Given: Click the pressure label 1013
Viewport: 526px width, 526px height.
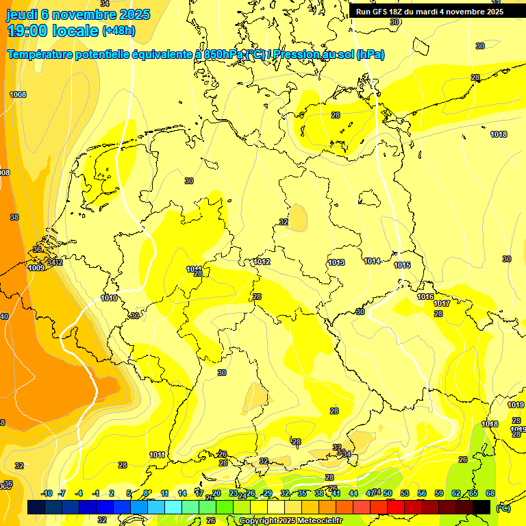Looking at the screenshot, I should (x=336, y=262).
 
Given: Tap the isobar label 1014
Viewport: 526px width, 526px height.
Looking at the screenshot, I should (x=373, y=261).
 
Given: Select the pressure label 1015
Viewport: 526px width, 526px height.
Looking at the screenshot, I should (x=402, y=265).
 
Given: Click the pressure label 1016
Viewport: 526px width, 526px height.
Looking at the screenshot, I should (x=425, y=297).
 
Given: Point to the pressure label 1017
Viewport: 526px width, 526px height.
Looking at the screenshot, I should (x=442, y=303).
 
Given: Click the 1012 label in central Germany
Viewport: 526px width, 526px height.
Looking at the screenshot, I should (x=262, y=262).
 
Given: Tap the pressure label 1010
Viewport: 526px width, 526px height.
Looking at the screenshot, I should (x=109, y=298).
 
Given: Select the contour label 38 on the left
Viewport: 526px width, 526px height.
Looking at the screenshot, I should (x=14, y=216).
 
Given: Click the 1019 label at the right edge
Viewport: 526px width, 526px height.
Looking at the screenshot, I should (x=516, y=405).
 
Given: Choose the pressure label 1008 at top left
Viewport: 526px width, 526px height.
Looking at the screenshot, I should (x=18, y=95).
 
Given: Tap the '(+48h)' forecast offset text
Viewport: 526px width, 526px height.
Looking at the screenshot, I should (x=118, y=31).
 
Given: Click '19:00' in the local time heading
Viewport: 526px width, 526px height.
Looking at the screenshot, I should (x=27, y=31).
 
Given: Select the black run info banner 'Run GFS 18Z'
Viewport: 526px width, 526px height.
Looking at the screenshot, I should (x=429, y=12).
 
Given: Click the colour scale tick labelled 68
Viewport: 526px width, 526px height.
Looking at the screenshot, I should (x=490, y=493).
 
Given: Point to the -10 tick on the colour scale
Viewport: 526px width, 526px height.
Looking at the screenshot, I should (x=47, y=493).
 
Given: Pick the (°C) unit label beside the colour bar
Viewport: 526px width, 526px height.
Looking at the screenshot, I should (x=503, y=508).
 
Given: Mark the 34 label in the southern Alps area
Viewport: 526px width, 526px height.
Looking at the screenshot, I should (x=347, y=453).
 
